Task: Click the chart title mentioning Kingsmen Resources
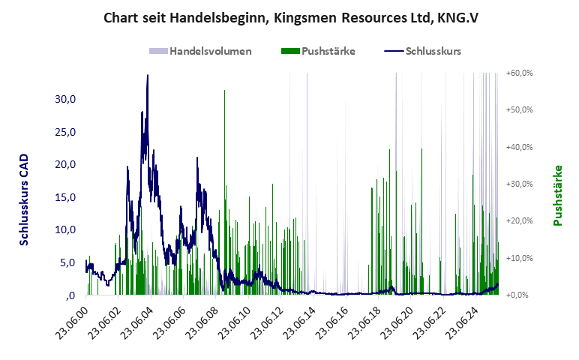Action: (x=289, y=18)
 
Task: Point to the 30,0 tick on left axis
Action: (x=67, y=99)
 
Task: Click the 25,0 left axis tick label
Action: (x=67, y=132)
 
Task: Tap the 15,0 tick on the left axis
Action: (x=67, y=197)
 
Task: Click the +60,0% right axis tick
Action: (x=518, y=73)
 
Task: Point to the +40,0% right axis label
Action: (x=518, y=147)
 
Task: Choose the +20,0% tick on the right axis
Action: (x=518, y=220)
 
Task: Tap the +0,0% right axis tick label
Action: (x=520, y=295)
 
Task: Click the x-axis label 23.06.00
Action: (x=73, y=321)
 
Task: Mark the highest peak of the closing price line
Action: (x=148, y=76)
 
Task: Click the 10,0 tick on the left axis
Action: (x=67, y=229)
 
